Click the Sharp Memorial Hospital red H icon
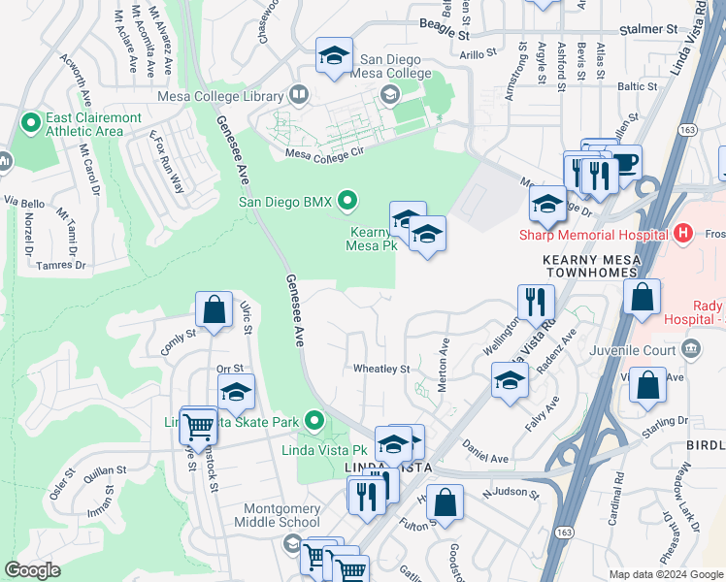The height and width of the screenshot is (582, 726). point(683,234)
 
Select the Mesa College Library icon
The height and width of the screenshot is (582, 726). point(298,96)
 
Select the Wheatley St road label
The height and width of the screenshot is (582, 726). point(381,369)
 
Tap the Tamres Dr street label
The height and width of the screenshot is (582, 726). point(60,265)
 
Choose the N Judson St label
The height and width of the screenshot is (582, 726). point(511,494)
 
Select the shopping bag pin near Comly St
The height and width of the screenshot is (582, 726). point(214,310)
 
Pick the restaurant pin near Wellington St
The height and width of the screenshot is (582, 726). point(535,302)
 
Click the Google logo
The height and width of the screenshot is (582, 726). point(32,570)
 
